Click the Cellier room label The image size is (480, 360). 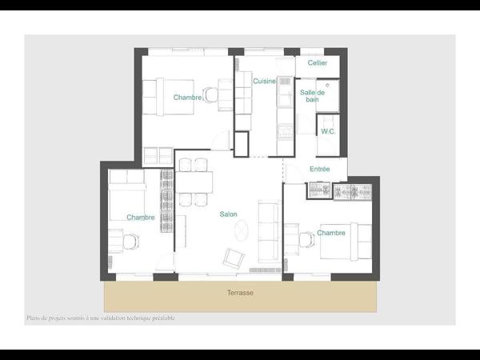(x=318, y=63)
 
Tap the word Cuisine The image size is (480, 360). (x=264, y=82)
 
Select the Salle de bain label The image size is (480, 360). (x=312, y=96)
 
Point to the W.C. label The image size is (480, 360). (x=327, y=131)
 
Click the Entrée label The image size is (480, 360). (x=319, y=169)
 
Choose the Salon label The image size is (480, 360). (x=229, y=214)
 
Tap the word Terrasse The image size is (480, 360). (x=239, y=293)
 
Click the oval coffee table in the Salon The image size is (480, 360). (x=241, y=232)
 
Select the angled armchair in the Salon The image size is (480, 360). (x=234, y=258)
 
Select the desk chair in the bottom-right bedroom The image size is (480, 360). (x=307, y=238)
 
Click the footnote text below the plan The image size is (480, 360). (x=100, y=318)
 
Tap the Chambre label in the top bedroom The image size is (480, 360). (x=187, y=98)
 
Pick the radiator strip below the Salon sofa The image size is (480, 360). (x=270, y=270)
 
